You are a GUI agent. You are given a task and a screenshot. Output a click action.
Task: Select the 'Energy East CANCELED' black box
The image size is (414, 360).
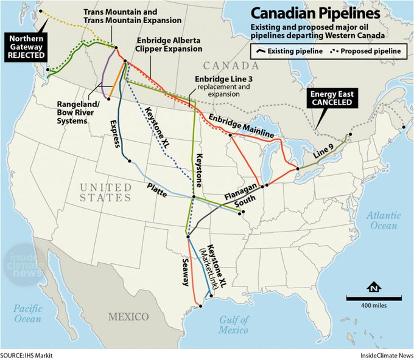[x=331, y=99]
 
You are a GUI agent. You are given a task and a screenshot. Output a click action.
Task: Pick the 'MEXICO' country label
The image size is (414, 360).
[x=128, y=317]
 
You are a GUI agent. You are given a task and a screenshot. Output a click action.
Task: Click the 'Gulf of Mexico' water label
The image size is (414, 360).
[x=234, y=325]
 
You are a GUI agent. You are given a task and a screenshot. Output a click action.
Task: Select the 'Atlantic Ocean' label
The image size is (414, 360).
[x=384, y=220]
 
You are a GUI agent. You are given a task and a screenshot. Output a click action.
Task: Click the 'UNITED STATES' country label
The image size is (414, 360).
[x=105, y=192]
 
